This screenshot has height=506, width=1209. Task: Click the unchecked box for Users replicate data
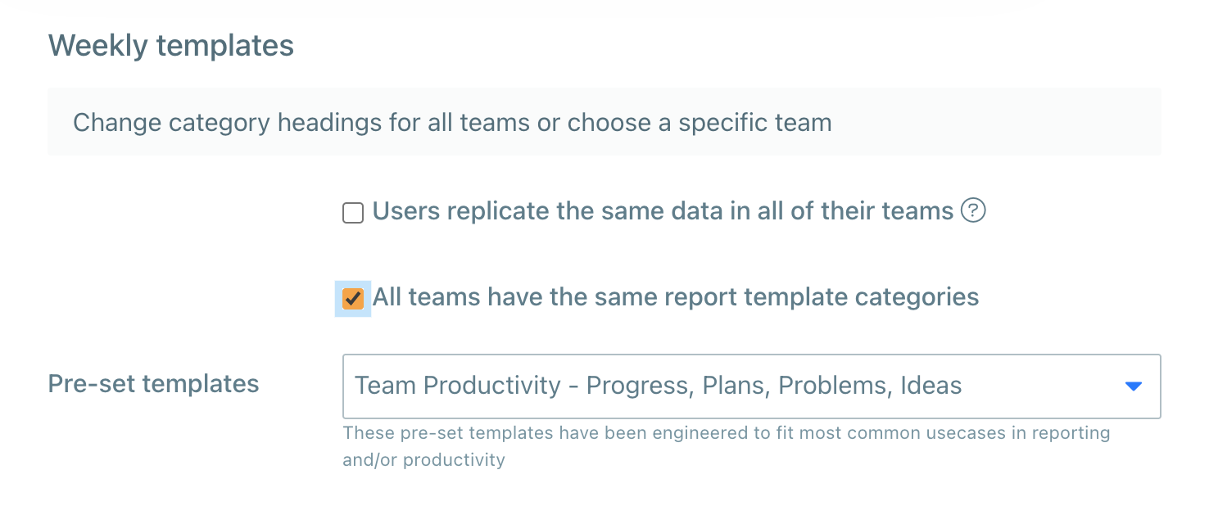click(353, 214)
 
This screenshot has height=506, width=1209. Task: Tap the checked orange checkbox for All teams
click(353, 298)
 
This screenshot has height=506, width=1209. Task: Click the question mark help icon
click(973, 211)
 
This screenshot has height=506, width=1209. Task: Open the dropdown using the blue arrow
click(1133, 386)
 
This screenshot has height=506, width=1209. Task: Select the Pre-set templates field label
click(153, 383)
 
